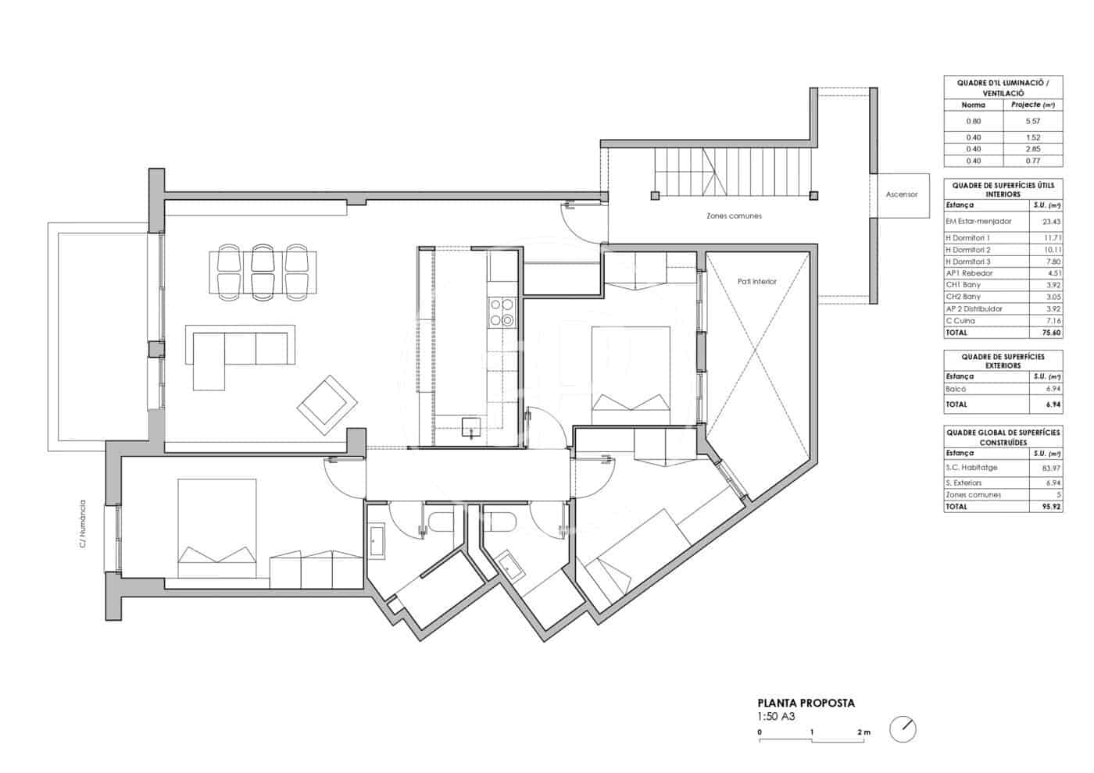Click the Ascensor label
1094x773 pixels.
(x=901, y=194)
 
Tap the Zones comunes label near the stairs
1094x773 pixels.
(x=734, y=216)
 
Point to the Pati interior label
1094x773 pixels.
(x=756, y=281)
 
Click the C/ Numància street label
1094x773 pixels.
(x=83, y=523)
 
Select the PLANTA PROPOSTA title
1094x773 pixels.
(x=806, y=703)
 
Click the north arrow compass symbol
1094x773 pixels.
(x=903, y=729)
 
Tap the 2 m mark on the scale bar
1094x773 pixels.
(x=863, y=732)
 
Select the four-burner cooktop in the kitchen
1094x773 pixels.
(x=501, y=312)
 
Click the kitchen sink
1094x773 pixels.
(x=471, y=427)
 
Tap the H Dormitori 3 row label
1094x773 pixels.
(x=967, y=262)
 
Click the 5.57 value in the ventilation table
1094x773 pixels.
(x=1033, y=122)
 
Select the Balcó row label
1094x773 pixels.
(x=956, y=389)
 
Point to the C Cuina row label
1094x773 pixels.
(x=960, y=321)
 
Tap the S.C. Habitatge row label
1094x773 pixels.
(x=971, y=468)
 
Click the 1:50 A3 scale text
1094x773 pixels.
(x=776, y=716)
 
